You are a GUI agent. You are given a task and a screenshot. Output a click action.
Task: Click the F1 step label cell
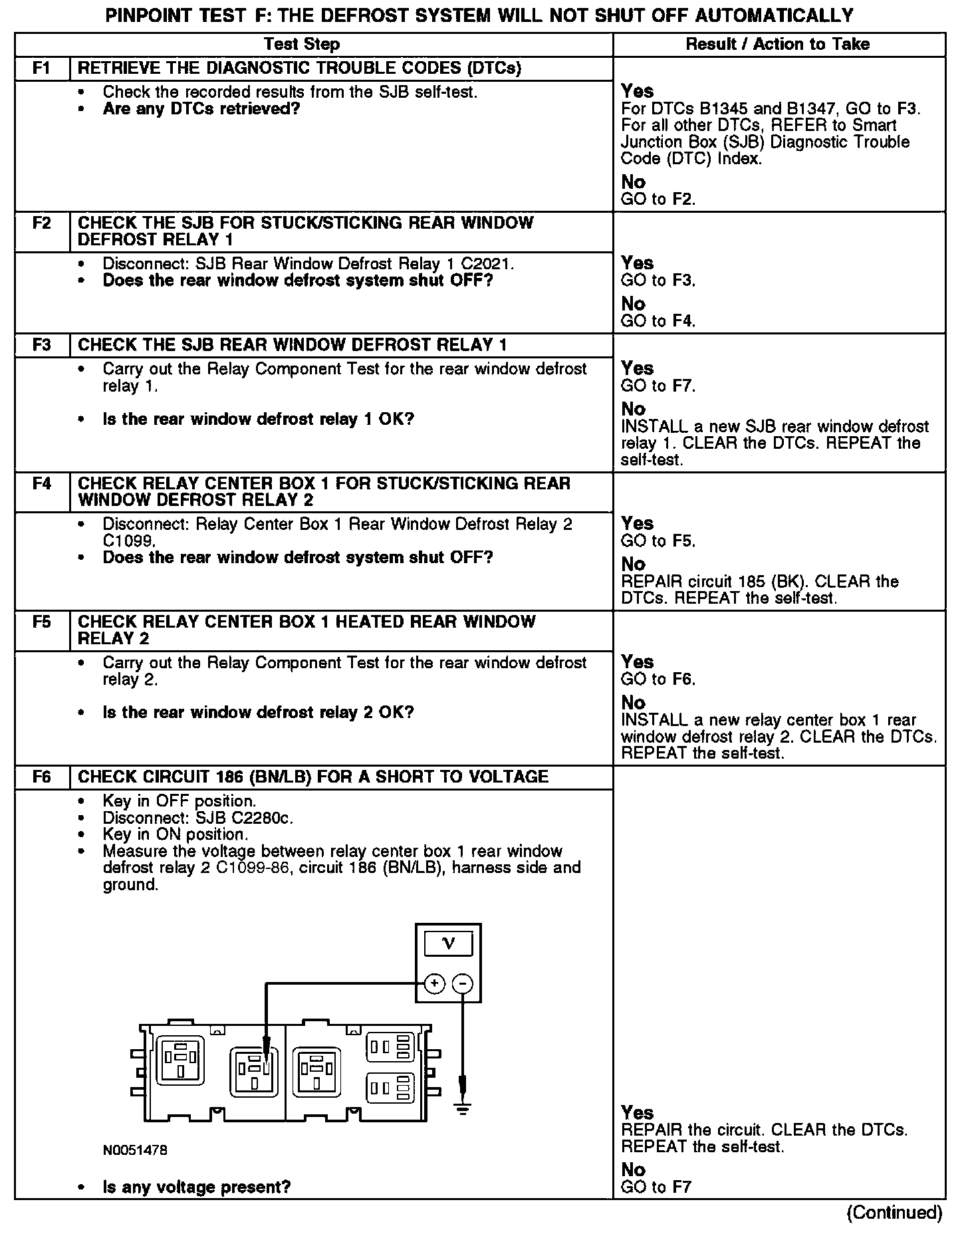coord(42,68)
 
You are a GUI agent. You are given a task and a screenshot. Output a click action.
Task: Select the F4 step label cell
coord(42,483)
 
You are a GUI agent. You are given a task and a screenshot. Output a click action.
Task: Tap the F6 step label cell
coord(42,777)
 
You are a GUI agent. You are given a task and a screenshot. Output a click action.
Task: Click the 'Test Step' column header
coord(302,45)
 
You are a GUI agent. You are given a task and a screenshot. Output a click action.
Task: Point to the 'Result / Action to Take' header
coord(777,45)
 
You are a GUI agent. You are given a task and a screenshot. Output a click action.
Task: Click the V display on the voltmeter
coord(449,943)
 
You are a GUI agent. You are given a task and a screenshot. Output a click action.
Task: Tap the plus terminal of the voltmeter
coord(434,983)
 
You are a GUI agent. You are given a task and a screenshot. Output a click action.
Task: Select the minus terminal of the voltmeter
coord(463,983)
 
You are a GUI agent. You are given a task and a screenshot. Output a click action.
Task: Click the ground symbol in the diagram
coord(463,1108)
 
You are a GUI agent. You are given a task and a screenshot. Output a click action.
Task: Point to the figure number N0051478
coord(134,1150)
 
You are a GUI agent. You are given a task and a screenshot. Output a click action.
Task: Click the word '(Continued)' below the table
coord(894,1212)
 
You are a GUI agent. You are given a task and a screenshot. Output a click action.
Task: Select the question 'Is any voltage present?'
coord(197,1187)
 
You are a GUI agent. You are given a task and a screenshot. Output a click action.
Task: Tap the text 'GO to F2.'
coord(658,199)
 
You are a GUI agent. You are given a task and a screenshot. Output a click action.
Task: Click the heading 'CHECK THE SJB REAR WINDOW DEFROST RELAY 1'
coord(293,345)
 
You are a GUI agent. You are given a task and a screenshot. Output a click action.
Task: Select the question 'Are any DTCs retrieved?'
coord(201,108)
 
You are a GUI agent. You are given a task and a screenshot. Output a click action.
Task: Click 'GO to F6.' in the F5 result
coord(658,679)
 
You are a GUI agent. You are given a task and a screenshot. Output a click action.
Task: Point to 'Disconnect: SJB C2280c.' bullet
coord(197,818)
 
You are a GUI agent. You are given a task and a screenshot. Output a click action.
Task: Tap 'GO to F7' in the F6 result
coord(656,1187)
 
